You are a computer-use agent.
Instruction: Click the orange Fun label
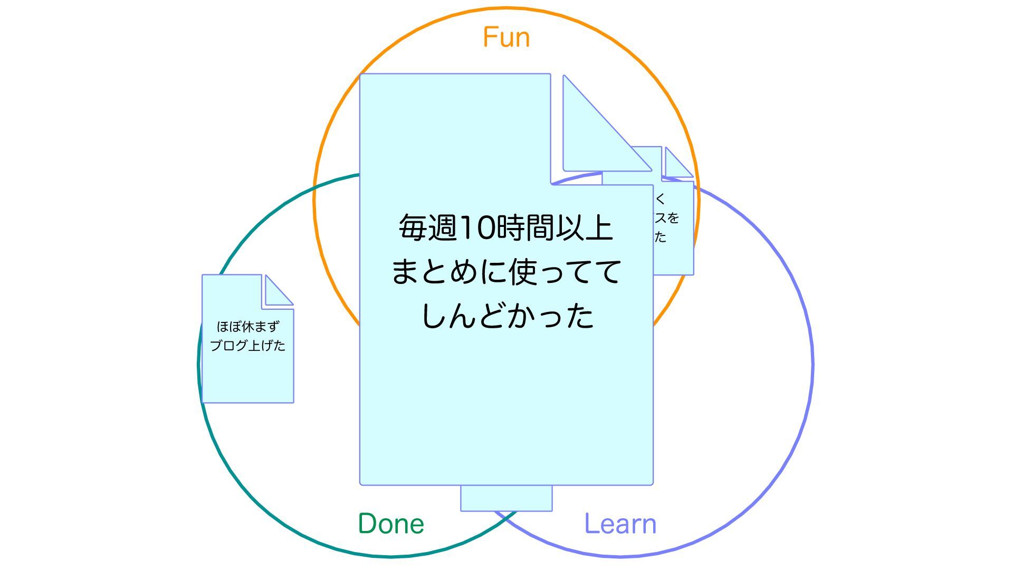[x=506, y=37]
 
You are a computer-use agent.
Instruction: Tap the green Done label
[x=391, y=524]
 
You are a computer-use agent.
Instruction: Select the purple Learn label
[x=620, y=524]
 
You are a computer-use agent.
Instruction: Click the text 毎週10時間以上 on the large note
[x=505, y=228]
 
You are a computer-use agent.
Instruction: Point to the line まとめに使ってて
[x=505, y=272]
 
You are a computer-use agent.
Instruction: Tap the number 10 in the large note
[x=478, y=228]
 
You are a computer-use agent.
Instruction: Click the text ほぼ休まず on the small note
[x=247, y=327]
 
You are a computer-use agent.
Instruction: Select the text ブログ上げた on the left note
[x=247, y=346]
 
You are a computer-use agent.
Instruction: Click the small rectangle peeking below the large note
[x=506, y=499]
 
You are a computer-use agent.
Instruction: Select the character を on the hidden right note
[x=673, y=218]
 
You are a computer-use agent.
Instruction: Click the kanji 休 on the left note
[x=248, y=327]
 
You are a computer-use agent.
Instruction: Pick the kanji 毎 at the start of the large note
[x=413, y=228]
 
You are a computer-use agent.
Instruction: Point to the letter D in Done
[x=368, y=524]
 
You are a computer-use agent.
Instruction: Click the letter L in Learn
[x=591, y=524]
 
